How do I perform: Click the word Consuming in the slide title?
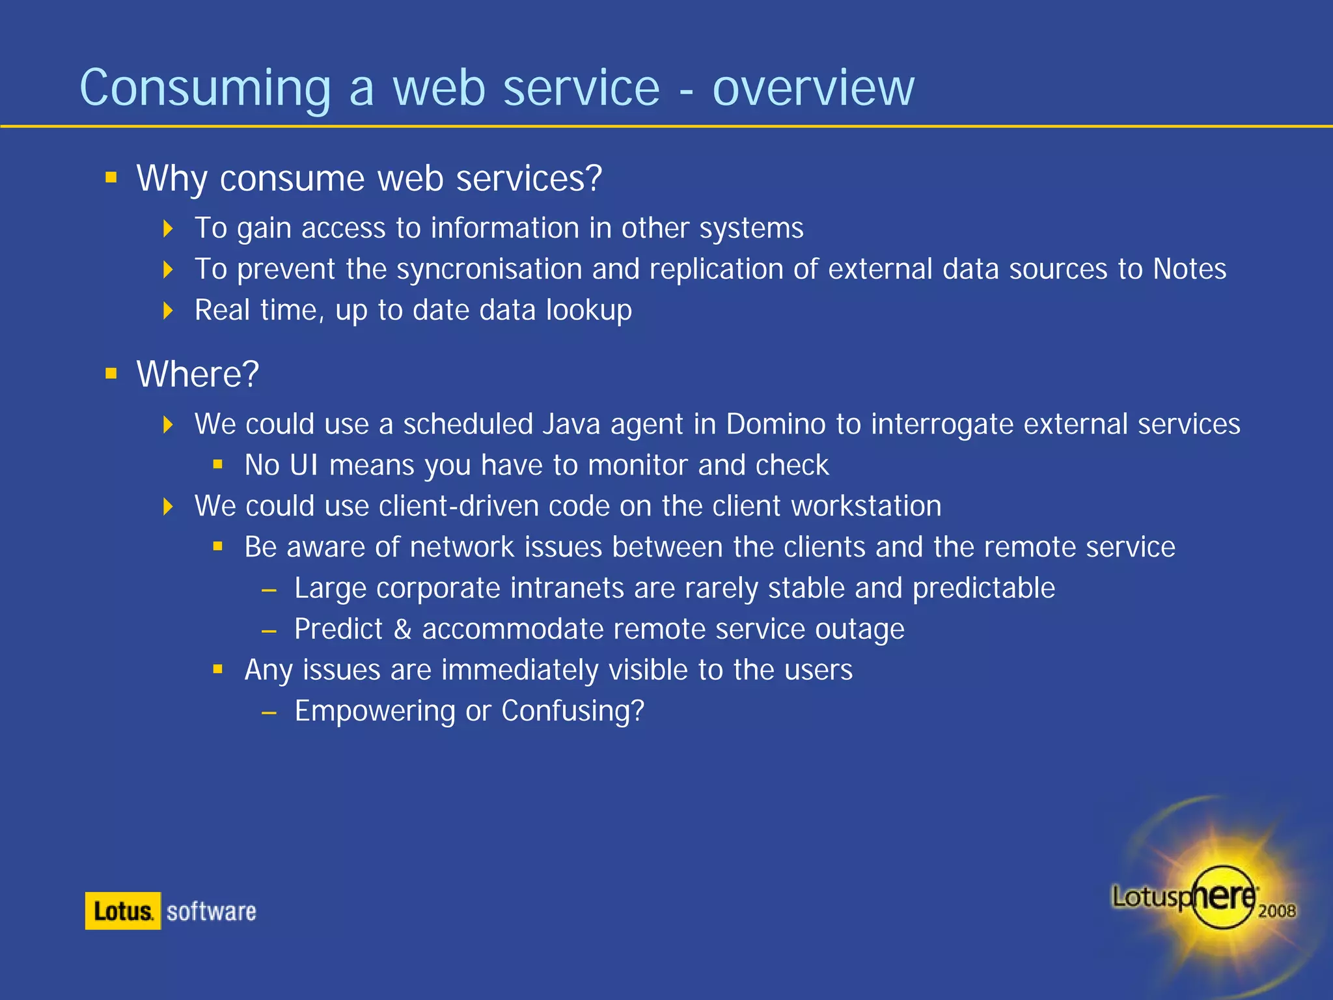coord(205,88)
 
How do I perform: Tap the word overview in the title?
coord(814,88)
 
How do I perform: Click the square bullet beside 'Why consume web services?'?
coord(111,177)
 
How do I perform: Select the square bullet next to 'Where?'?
coord(111,373)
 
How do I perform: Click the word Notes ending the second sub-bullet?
coord(1189,269)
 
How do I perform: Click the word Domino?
coord(776,424)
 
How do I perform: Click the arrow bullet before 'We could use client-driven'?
coord(169,507)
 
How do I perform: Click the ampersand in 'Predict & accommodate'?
coord(402,630)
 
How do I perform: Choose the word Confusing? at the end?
coord(573,711)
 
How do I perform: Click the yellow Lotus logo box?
coord(123,911)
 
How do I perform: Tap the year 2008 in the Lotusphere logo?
coord(1276,911)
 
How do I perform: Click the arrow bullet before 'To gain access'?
coord(169,229)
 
